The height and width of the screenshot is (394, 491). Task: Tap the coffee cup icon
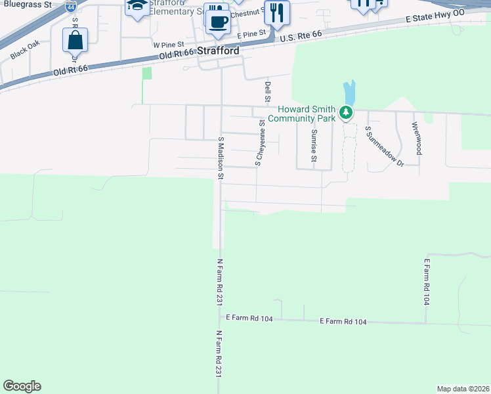[218, 21]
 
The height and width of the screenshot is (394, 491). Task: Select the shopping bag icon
[75, 40]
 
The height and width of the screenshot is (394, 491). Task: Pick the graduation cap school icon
[137, 7]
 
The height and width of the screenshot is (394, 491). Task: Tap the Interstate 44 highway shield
[70, 7]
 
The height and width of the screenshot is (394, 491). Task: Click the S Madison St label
[221, 158]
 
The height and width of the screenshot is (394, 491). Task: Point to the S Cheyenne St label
[259, 142]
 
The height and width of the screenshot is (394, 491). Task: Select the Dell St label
[267, 92]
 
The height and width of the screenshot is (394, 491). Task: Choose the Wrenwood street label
[416, 138]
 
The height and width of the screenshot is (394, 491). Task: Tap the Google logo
[22, 386]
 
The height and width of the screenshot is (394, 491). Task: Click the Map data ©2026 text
[463, 389]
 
